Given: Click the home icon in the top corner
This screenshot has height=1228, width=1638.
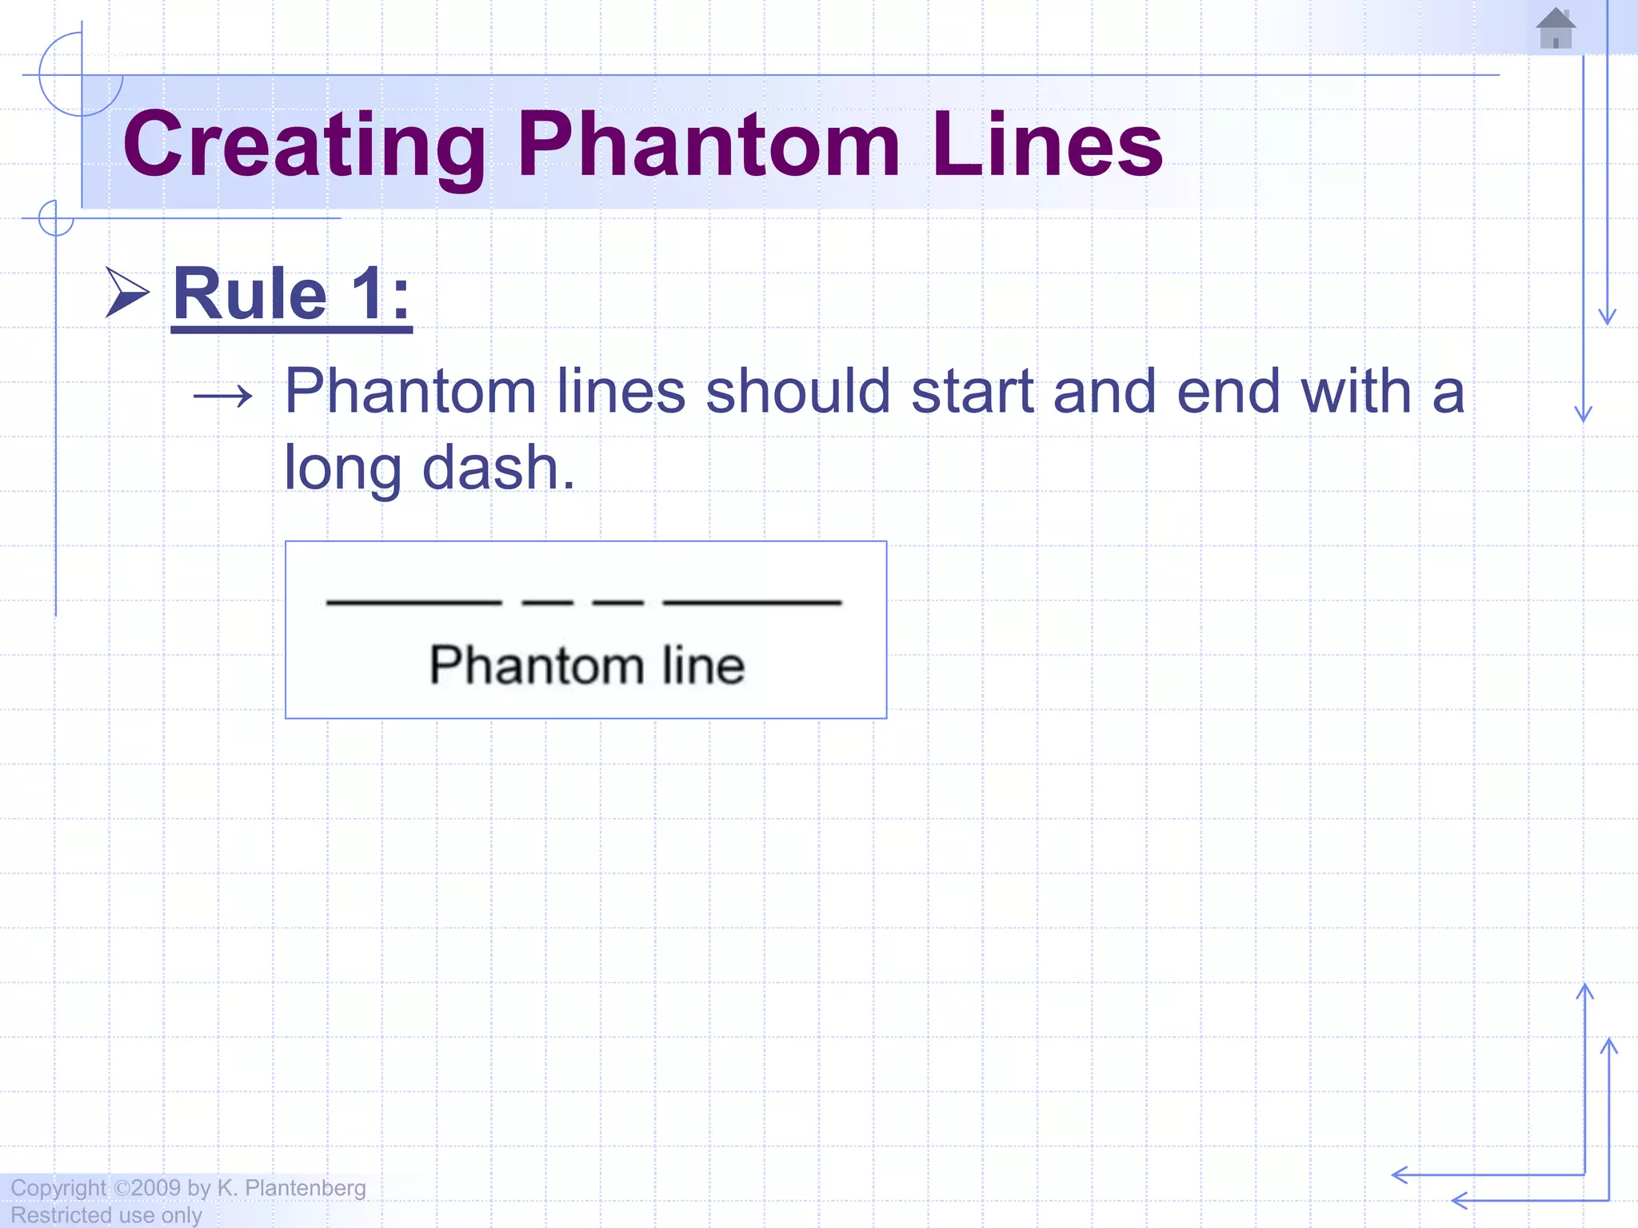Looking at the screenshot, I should click(1556, 29).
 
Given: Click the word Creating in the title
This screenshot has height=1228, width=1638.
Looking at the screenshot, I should click(304, 145).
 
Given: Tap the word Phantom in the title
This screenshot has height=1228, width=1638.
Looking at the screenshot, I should click(709, 145).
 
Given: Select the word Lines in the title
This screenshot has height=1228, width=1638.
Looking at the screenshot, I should click(1047, 145).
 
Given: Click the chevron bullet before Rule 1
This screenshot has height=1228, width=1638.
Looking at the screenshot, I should click(127, 293).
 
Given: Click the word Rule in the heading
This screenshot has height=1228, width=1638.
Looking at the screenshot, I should click(250, 294).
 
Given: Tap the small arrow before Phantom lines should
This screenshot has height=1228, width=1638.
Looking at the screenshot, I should click(223, 396).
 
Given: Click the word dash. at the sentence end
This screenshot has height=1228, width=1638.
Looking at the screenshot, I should click(497, 468).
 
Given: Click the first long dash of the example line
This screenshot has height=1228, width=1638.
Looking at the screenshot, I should click(414, 602).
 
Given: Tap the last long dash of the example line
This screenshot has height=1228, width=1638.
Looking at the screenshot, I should click(752, 602).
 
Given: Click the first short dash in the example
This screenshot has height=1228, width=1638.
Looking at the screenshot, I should click(547, 602).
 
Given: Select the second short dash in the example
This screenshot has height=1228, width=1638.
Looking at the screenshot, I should click(617, 602).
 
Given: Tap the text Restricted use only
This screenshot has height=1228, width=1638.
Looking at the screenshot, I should click(106, 1215).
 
